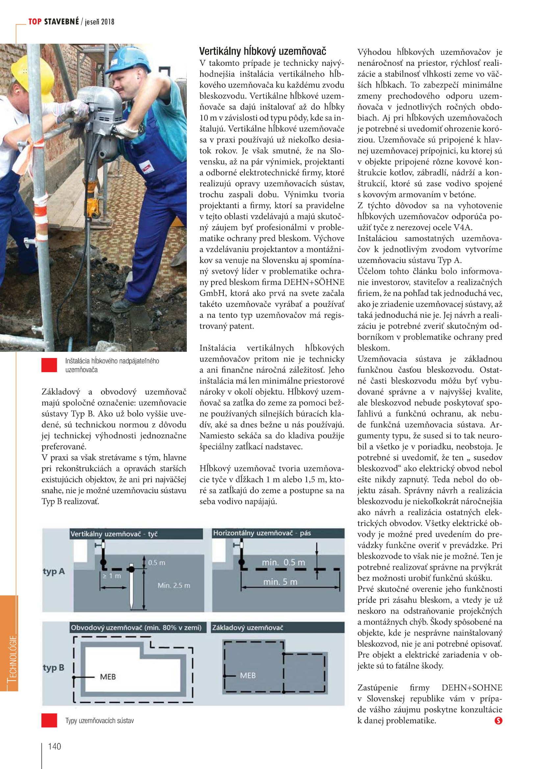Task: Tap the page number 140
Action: tap(54, 746)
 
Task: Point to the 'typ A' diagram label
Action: tap(54, 571)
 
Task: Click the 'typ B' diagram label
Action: tap(54, 667)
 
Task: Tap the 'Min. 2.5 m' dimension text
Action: tap(174, 585)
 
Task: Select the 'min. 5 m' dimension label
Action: tap(280, 582)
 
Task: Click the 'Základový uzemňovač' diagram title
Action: tap(248, 627)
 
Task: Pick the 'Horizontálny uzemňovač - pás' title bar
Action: tap(262, 533)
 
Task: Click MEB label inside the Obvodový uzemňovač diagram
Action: tap(108, 677)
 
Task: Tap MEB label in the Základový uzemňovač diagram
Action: tap(248, 675)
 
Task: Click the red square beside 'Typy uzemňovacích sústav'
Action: tap(49, 720)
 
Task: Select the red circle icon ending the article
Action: tap(498, 720)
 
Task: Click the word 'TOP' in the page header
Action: tap(35, 22)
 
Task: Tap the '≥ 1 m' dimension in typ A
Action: tap(112, 576)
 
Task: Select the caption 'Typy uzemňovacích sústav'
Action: tap(99, 720)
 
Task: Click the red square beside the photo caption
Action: tap(49, 365)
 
